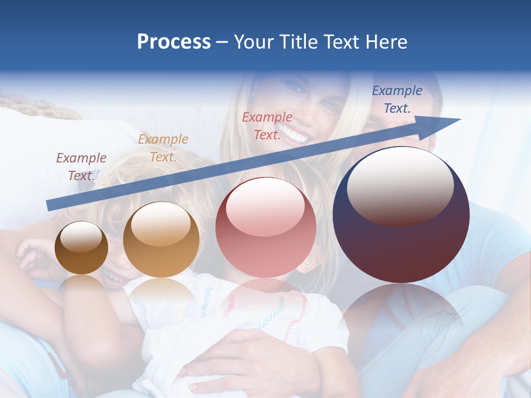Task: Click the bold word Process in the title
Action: click(x=174, y=42)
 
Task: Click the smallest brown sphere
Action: click(x=81, y=248)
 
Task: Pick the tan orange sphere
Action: click(x=161, y=240)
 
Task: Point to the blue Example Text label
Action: click(x=397, y=99)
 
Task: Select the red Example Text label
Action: click(x=267, y=126)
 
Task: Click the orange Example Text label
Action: click(x=163, y=148)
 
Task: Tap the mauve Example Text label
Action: click(x=81, y=167)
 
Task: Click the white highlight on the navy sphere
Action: click(x=400, y=185)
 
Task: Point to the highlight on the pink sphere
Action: click(x=265, y=206)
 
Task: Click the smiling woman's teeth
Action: click(x=293, y=133)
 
